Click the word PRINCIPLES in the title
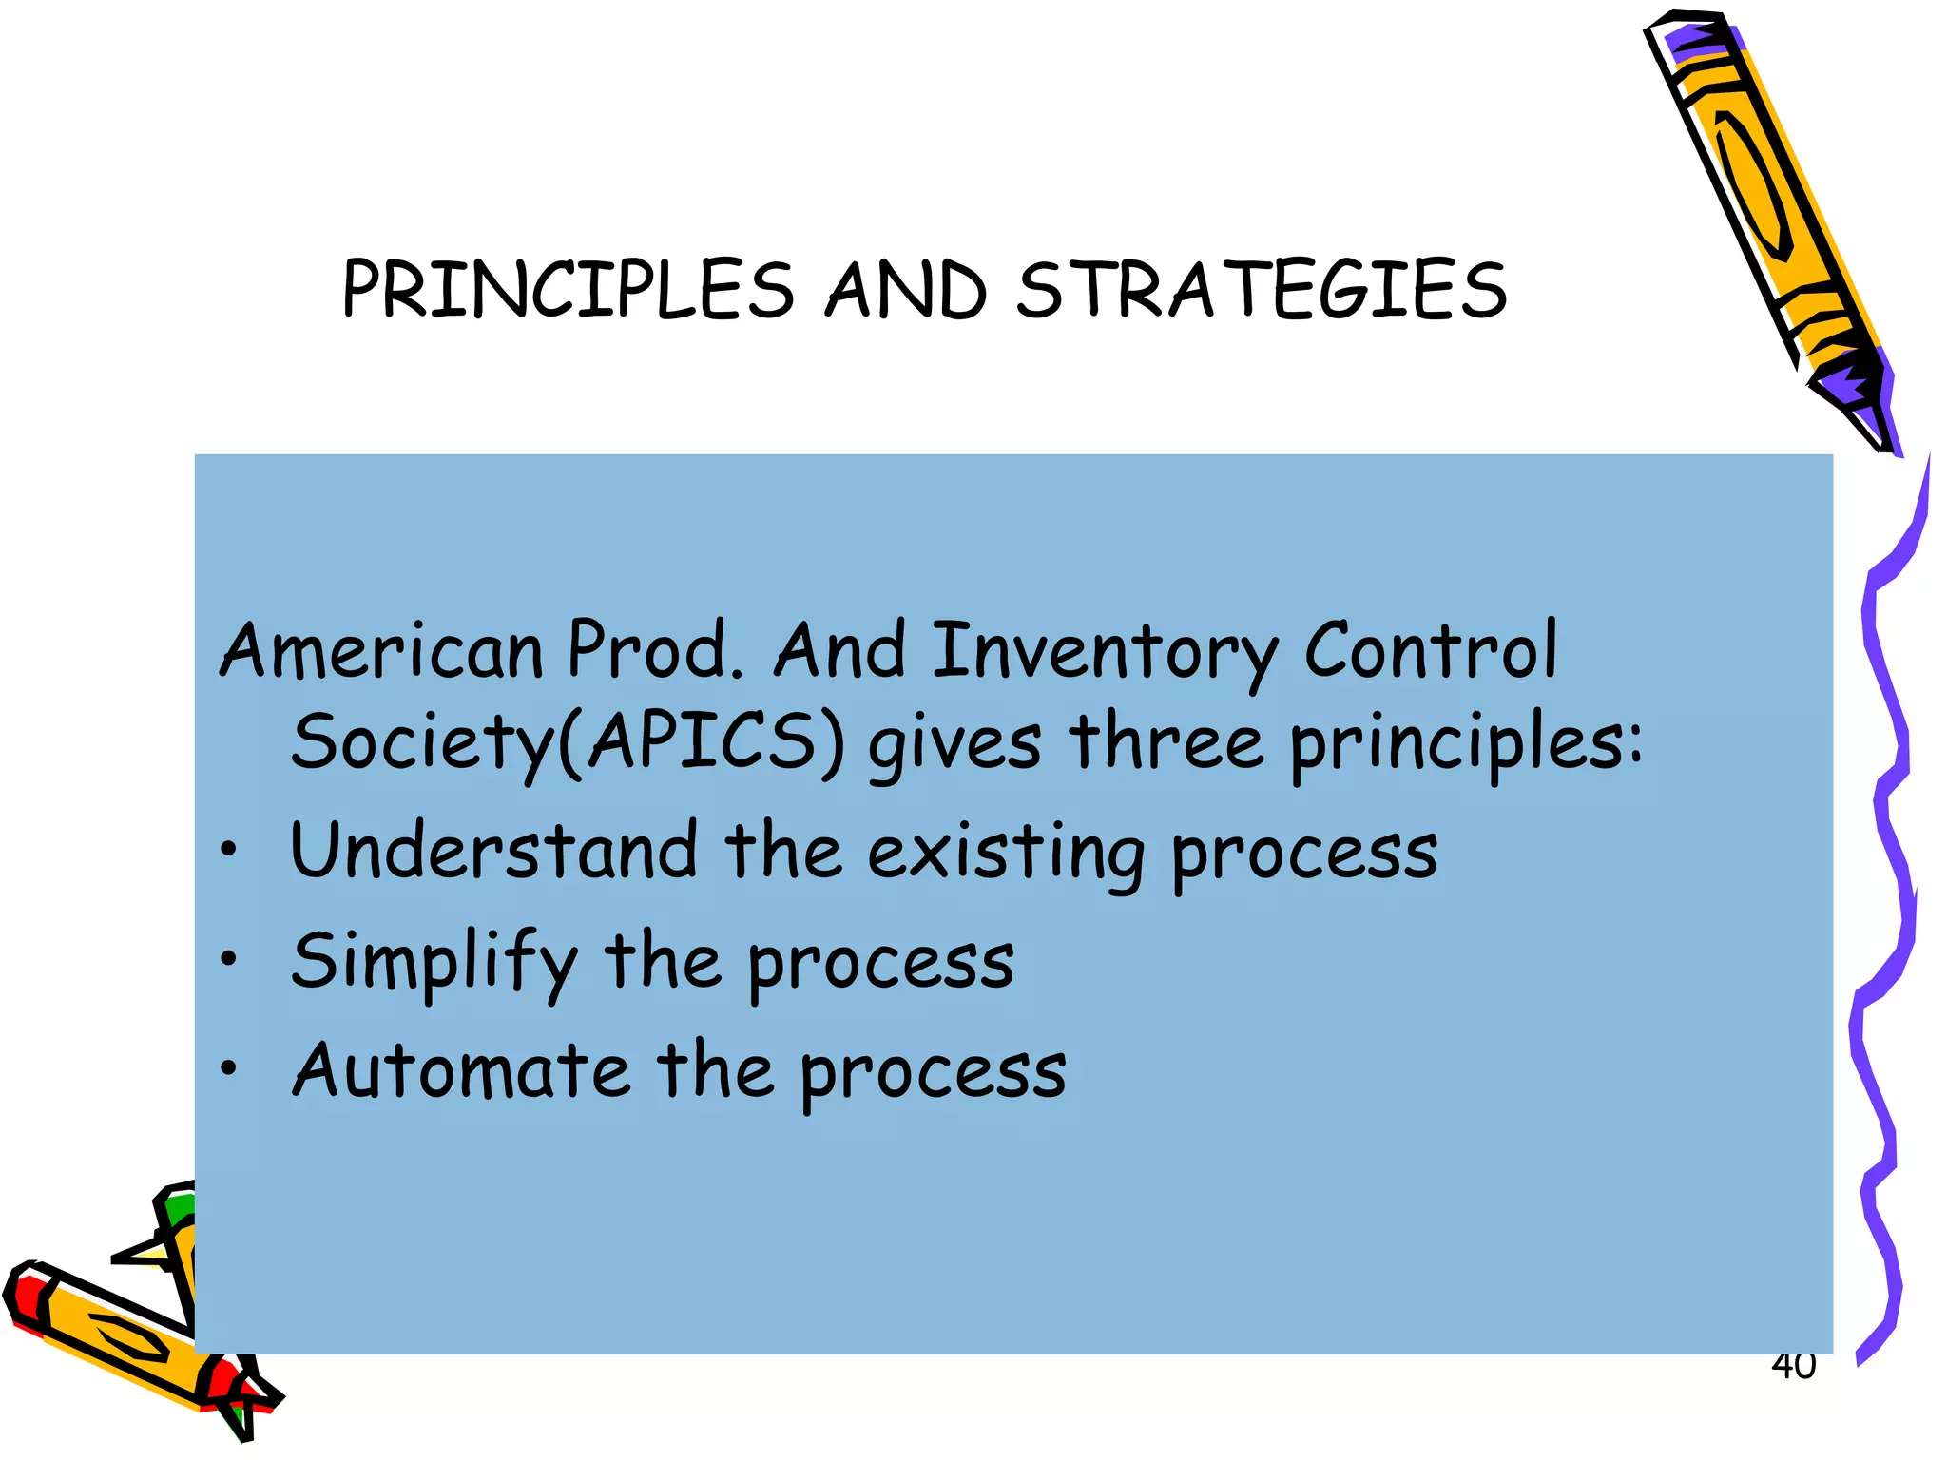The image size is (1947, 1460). pyautogui.click(x=568, y=290)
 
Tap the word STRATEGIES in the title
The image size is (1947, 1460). pyautogui.click(x=1262, y=290)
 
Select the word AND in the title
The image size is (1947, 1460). pyautogui.click(x=905, y=290)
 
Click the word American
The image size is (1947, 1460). pyautogui.click(x=381, y=650)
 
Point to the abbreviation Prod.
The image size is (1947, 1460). pyautogui.click(x=655, y=650)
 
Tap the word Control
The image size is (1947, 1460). pyautogui.click(x=1430, y=650)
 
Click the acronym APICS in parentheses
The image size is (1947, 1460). pyautogui.click(x=702, y=742)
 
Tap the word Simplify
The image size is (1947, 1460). pyautogui.click(x=434, y=962)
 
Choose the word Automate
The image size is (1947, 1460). pyautogui.click(x=461, y=1070)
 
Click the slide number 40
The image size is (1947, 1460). pyautogui.click(x=1793, y=1367)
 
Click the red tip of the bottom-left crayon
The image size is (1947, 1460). pyautogui.click(x=29, y=1298)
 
